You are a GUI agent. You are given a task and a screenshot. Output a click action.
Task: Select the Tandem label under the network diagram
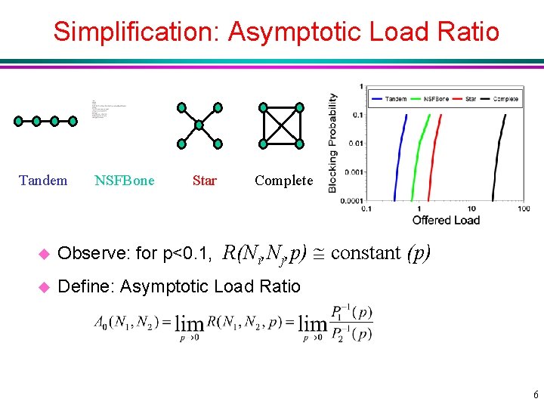click(43, 181)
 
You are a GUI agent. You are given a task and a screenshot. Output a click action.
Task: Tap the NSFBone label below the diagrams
click(125, 181)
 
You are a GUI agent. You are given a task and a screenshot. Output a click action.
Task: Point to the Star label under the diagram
click(204, 181)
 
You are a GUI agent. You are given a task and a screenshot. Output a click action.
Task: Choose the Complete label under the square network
click(283, 181)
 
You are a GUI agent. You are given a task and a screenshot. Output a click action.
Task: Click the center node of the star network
click(199, 125)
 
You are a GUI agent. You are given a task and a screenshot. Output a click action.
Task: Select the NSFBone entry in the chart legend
click(437, 99)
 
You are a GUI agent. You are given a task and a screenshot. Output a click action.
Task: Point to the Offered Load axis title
click(446, 221)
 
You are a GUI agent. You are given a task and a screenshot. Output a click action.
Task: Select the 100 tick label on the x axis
click(523, 209)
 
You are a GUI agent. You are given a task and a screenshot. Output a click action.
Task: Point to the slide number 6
click(536, 394)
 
